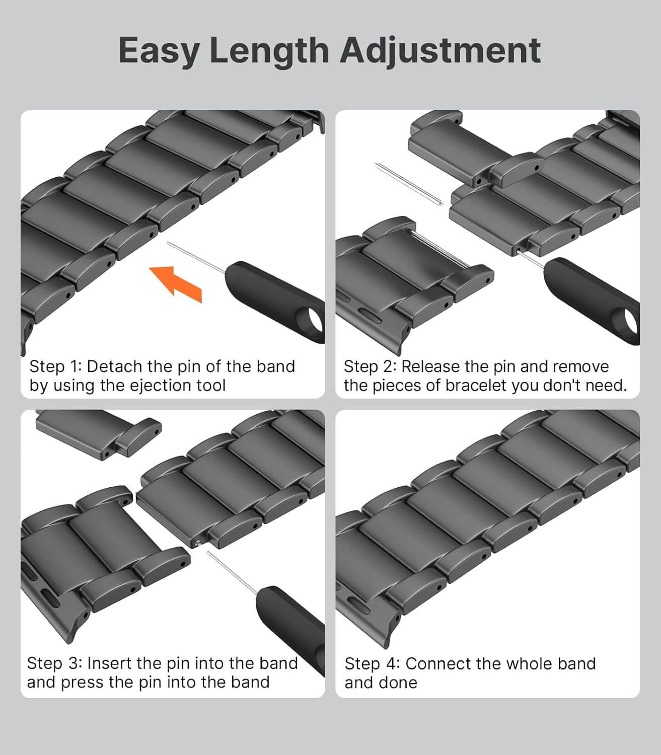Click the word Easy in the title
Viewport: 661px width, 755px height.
pos(160,51)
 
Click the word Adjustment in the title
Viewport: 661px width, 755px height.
pos(440,51)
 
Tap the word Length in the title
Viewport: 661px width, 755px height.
pos(269,50)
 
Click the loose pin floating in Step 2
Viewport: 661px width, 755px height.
pos(409,184)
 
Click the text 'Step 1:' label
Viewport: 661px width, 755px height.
pos(55,367)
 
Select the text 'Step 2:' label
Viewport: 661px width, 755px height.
pos(370,367)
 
